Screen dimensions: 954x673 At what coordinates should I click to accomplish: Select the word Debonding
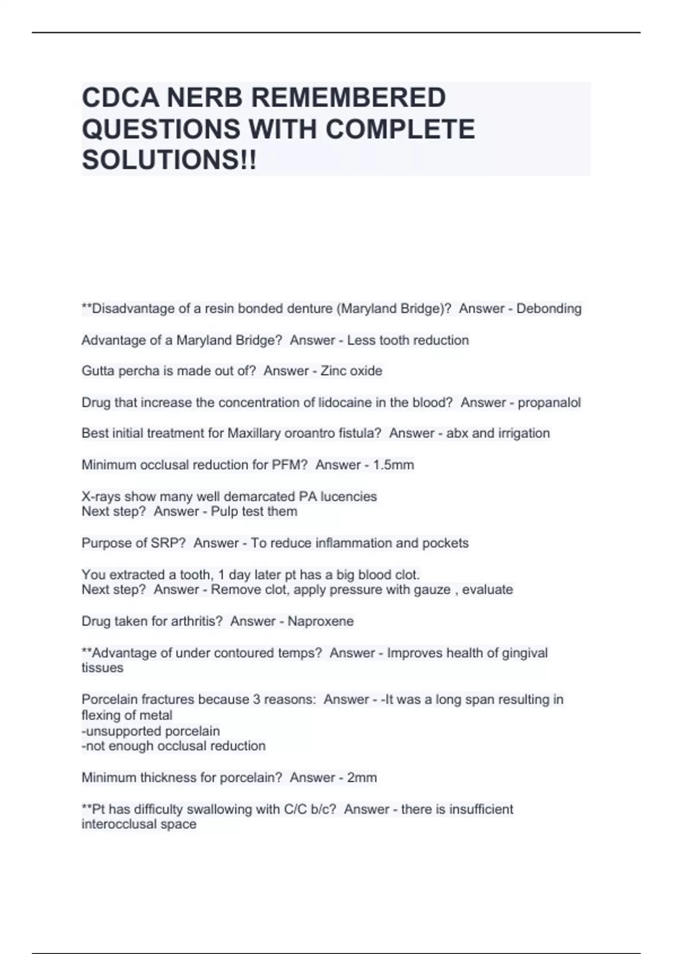pyautogui.click(x=548, y=309)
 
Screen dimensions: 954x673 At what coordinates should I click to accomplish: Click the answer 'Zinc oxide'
pyautogui.click(x=351, y=371)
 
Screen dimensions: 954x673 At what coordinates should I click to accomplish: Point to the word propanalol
pyautogui.click(x=549, y=402)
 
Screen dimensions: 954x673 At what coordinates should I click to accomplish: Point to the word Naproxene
pyautogui.click(x=320, y=621)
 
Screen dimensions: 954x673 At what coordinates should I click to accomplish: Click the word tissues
pyautogui.click(x=102, y=668)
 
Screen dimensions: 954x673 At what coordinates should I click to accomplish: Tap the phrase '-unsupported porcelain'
pyautogui.click(x=150, y=731)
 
